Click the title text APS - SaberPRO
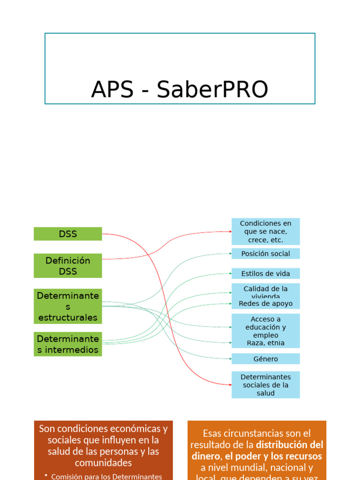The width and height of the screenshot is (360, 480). coord(180,89)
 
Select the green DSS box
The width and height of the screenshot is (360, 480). coord(67,234)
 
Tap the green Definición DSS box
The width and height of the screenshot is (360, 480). coord(67,266)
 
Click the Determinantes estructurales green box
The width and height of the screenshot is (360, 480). coord(67,307)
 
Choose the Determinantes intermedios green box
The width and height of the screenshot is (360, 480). coord(67,344)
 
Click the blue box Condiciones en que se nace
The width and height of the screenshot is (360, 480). coord(265,232)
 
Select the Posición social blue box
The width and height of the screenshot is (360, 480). coord(265,254)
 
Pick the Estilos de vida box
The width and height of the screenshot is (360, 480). coord(265,274)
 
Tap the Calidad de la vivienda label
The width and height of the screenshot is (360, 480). coord(265,291)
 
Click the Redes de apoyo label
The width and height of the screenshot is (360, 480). coord(265,304)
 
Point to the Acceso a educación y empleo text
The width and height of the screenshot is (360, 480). coord(265,327)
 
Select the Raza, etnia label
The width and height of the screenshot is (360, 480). coord(265,343)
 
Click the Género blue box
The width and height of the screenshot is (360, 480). coord(265,359)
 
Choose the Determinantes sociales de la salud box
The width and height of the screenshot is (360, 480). coord(265,385)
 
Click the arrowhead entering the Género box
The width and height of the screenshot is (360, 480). coord(230,359)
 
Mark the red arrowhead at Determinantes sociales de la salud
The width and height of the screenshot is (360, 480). coord(230,385)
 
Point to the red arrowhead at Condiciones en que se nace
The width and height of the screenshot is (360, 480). coord(230,232)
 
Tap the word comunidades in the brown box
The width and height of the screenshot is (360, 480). coord(103,463)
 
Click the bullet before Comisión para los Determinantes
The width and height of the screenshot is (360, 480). coord(46,476)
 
